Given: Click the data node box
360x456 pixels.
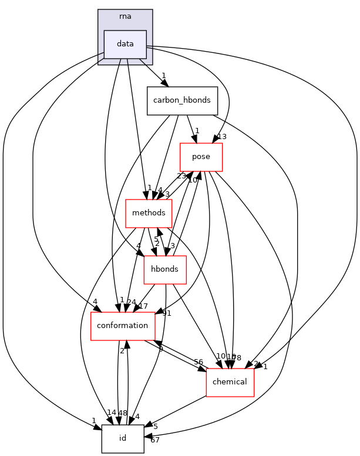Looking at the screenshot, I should pos(125,44).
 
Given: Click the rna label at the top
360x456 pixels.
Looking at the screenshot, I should pos(125,16).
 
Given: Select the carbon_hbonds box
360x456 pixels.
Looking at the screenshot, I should pos(182,100).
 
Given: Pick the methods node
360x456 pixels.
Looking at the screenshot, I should pos(149,212).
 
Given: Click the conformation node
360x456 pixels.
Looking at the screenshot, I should pos(122,326).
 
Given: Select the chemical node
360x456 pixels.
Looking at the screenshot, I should pos(230,382).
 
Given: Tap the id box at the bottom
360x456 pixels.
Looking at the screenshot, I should pos(123,438).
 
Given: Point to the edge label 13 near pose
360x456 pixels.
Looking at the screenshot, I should pos(221,137).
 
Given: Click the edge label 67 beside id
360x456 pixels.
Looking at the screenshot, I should pos(154,440).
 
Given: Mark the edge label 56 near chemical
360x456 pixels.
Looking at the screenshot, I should pos(198,362).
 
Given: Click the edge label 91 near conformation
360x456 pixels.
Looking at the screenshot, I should pos(167,313).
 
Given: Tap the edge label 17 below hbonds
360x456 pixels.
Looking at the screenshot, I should pos(143,306).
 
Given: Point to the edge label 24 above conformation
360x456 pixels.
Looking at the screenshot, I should pos(132,302).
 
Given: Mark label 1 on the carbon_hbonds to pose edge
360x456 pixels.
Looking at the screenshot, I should pos(197,131).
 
